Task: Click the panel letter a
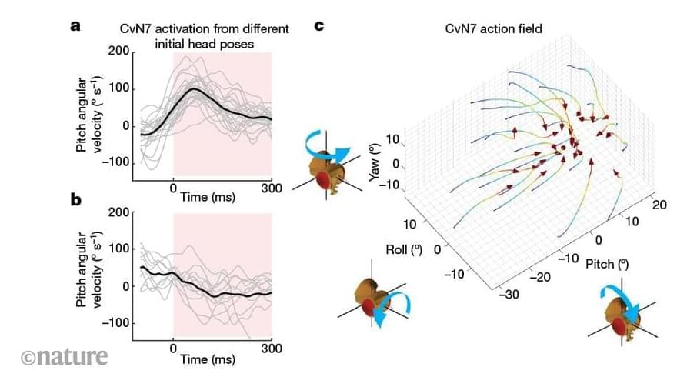75,26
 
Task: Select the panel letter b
76,201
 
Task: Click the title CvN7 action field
494,29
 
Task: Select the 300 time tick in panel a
272,187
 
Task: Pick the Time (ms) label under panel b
208,359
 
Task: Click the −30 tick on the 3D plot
508,293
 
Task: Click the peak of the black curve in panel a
194,89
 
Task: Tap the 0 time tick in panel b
174,348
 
